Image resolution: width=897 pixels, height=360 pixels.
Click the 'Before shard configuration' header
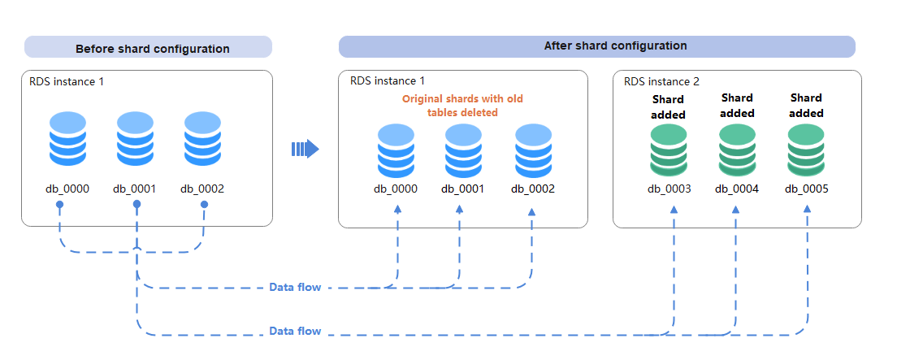(x=152, y=49)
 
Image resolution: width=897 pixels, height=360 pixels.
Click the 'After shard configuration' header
(x=616, y=46)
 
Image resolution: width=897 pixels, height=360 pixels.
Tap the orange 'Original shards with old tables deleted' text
(x=462, y=106)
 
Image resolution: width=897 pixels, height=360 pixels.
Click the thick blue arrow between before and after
(x=305, y=149)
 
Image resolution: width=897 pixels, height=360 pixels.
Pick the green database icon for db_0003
(x=668, y=150)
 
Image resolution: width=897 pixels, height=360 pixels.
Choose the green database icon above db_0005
(x=805, y=150)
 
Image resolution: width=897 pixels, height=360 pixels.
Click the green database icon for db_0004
(x=737, y=150)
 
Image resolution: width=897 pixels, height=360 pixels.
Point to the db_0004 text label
(x=737, y=189)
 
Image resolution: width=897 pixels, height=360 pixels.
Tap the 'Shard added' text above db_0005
(x=806, y=106)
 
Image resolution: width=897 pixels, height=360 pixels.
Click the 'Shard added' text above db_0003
(x=668, y=107)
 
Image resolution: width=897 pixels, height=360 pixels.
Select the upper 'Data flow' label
(x=295, y=287)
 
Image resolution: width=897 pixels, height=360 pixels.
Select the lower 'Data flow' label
(x=295, y=331)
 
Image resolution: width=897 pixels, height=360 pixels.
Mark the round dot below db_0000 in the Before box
(x=59, y=205)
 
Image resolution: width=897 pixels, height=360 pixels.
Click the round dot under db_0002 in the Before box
(x=204, y=204)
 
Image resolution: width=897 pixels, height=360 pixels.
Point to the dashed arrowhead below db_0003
(x=674, y=210)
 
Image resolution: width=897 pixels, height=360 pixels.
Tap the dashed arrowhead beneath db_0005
(x=807, y=209)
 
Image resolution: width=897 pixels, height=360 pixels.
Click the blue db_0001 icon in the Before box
(x=136, y=139)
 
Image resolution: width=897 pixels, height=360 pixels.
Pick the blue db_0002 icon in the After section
(x=533, y=152)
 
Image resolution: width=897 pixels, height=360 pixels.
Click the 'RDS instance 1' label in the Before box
(x=67, y=81)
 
